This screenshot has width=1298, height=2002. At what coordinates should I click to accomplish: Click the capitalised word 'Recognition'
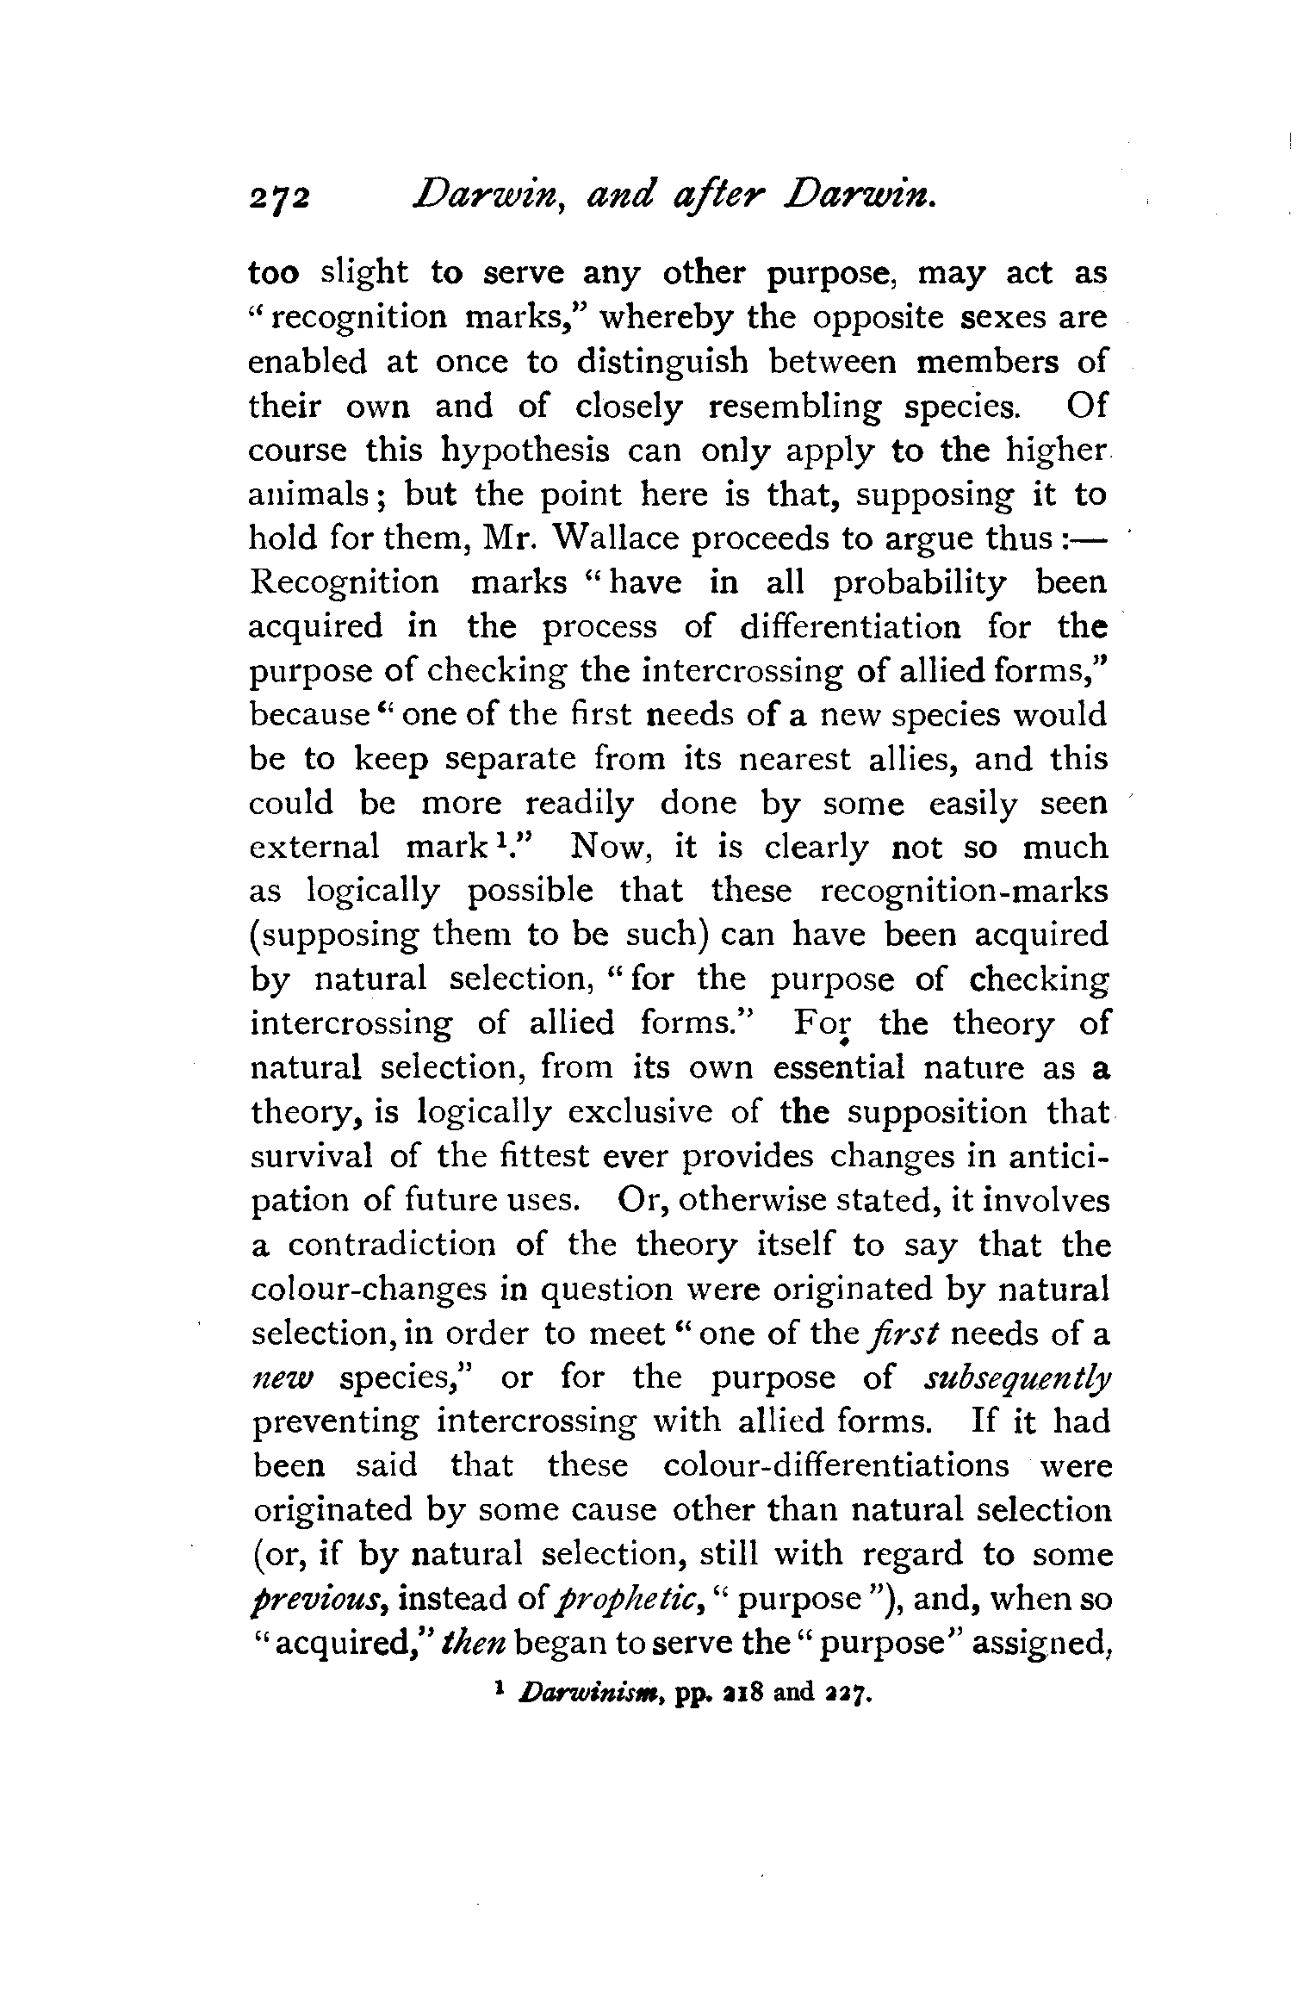(x=344, y=583)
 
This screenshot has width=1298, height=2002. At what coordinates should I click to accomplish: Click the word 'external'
(x=314, y=848)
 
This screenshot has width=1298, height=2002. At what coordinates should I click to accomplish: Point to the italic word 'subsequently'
(x=1016, y=1378)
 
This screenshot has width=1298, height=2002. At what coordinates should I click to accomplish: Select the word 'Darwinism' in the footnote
(x=582, y=1694)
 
